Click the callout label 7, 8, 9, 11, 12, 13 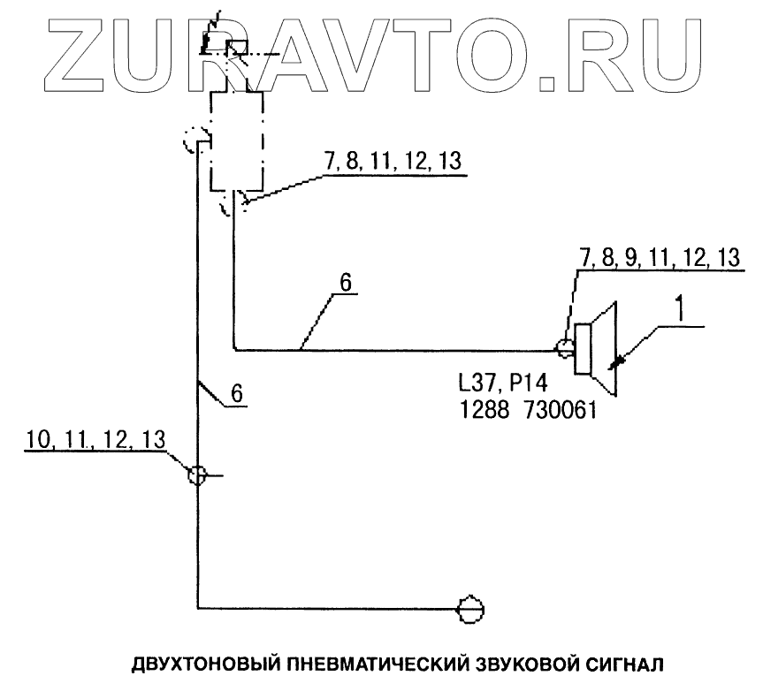[x=659, y=257]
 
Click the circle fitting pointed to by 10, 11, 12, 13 [x=197, y=475]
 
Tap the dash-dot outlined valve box [x=237, y=141]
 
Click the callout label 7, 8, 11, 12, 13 [x=393, y=163]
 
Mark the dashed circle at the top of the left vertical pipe [x=194, y=140]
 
